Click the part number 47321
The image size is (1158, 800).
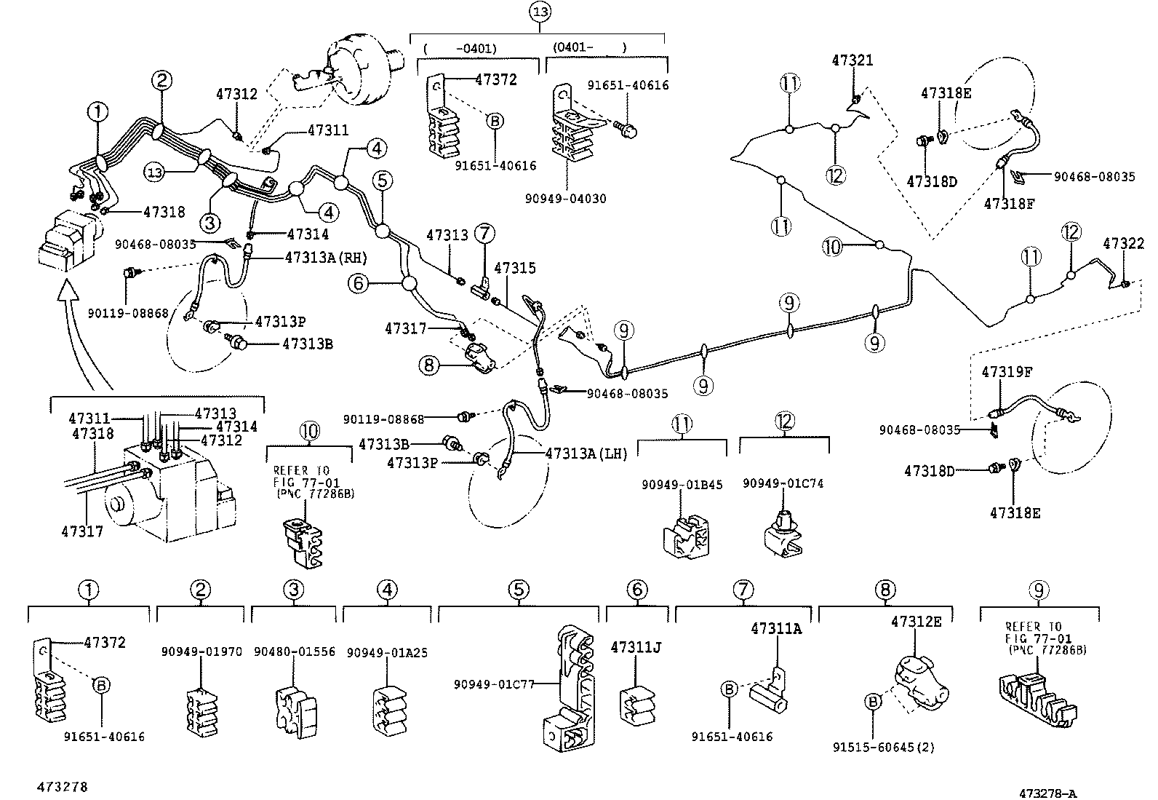[x=852, y=60]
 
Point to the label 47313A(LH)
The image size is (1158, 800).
[x=586, y=453]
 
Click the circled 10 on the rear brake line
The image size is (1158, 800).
[x=832, y=247]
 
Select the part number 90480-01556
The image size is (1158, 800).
[x=294, y=652]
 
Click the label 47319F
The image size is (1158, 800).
[x=1007, y=372]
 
